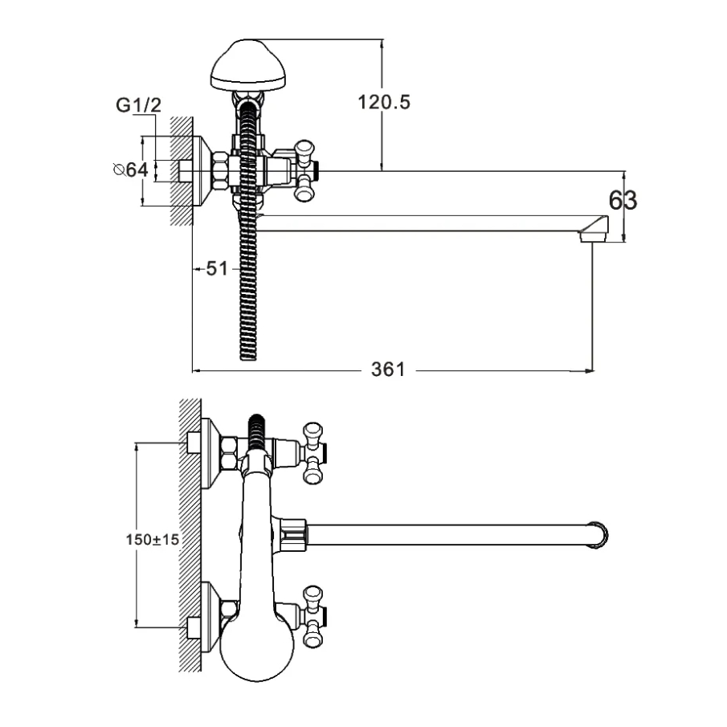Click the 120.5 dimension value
(x=384, y=102)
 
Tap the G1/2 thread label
(x=138, y=105)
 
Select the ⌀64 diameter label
(x=131, y=169)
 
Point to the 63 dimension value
(x=623, y=200)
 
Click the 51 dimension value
(x=217, y=269)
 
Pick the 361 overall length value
(x=388, y=370)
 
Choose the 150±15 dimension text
(x=152, y=539)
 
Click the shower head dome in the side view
(x=248, y=65)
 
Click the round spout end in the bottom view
(x=598, y=536)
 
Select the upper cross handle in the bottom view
(x=312, y=453)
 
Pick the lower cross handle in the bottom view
(x=312, y=616)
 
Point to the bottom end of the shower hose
(x=248, y=357)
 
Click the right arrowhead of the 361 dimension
(x=590, y=371)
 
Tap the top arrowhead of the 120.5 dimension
(x=382, y=43)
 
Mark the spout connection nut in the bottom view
(x=295, y=536)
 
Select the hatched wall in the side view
(x=182, y=170)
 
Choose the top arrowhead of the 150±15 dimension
(x=137, y=448)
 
